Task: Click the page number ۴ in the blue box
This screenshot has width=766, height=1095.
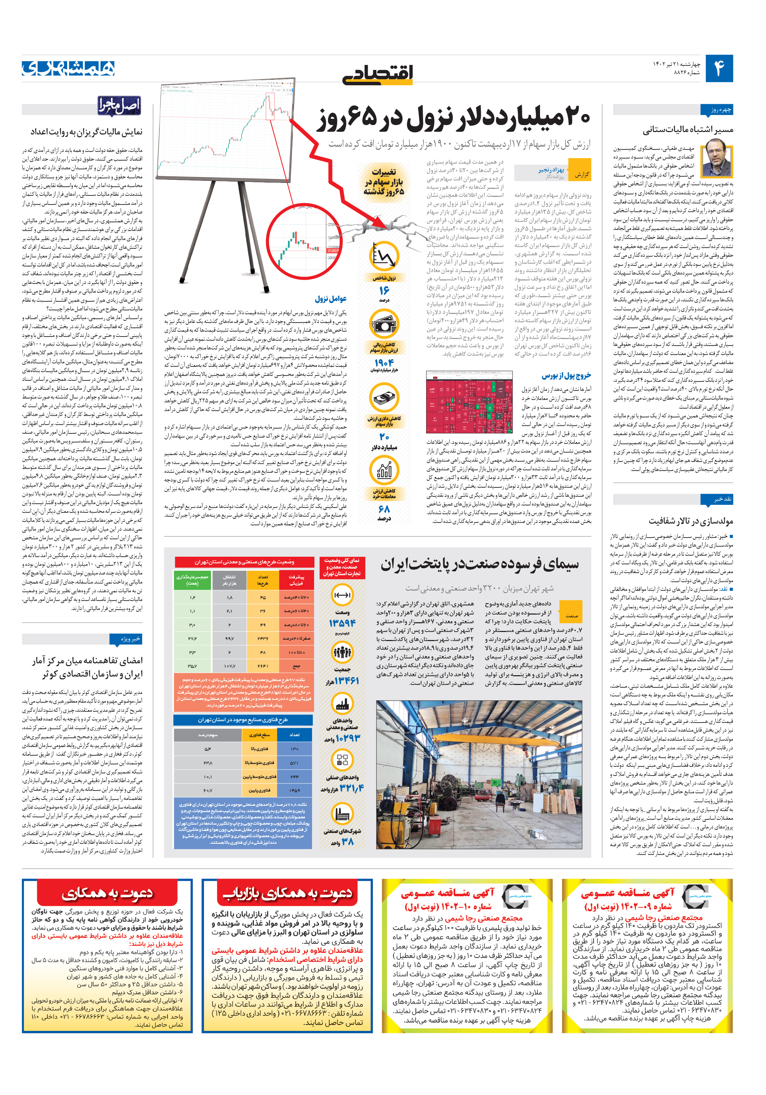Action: (x=719, y=68)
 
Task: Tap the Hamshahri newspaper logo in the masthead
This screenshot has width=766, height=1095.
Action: (x=68, y=68)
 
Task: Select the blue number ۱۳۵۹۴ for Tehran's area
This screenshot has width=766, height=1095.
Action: (x=342, y=623)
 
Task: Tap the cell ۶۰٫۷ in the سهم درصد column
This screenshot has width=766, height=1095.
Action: (x=208, y=790)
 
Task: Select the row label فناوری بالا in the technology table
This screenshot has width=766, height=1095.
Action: (x=259, y=749)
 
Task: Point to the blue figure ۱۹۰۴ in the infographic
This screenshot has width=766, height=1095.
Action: (x=384, y=363)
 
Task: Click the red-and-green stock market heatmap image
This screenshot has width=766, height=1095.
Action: (x=469, y=402)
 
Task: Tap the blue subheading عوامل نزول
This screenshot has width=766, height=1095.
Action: (x=330, y=299)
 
